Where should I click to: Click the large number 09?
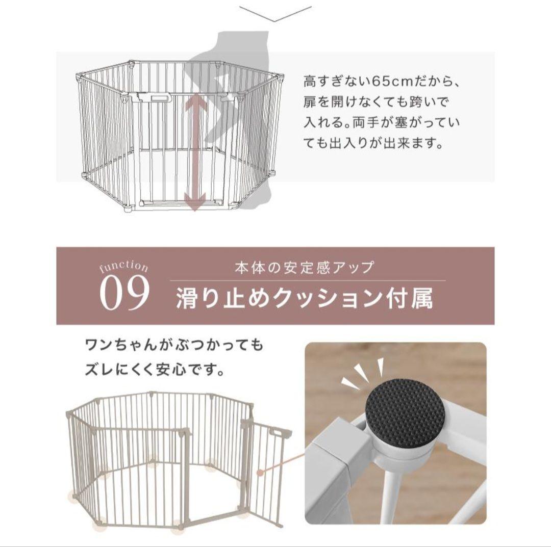[124, 294]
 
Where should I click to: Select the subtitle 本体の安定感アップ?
[305, 268]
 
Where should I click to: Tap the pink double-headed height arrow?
[195, 152]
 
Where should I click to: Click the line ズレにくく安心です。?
[155, 369]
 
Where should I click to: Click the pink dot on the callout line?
[260, 473]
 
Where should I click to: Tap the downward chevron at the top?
[275, 14]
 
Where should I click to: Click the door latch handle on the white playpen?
[153, 97]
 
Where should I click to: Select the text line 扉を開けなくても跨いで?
[377, 102]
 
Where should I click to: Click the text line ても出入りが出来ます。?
[372, 143]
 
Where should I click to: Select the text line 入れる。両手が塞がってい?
[382, 123]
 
